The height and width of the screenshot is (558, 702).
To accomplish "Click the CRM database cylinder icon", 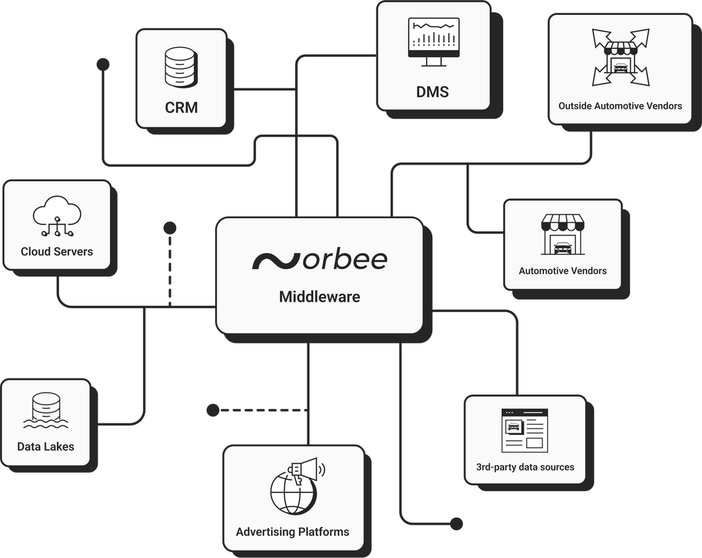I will coord(181,67).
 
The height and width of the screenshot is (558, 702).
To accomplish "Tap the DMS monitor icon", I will coord(433,42).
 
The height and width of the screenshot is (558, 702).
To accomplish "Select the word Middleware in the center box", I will coord(319,297).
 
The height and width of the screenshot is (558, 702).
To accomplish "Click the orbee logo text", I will coord(319,259).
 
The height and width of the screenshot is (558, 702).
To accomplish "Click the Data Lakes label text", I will coord(45,447).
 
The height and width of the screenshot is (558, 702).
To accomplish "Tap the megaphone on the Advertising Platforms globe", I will coord(305,470).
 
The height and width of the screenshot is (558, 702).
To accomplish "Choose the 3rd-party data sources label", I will coord(525,467).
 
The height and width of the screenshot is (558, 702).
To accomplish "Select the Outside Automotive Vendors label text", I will coord(620,105).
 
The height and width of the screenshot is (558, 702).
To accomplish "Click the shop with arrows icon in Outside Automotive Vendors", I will coord(620,57).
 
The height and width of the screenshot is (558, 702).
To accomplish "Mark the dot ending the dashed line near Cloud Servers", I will coord(170,228).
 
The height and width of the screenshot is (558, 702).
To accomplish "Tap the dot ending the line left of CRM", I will coord(103,64).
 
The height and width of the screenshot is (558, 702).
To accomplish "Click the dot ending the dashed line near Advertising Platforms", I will coord(213,410).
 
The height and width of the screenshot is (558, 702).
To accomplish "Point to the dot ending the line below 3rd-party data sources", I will coord(457,524).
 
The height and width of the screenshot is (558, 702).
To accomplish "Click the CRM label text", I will coord(181,107).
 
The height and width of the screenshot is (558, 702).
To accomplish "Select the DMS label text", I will coord(433,92).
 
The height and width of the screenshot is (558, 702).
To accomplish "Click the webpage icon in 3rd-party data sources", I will coord(525,430).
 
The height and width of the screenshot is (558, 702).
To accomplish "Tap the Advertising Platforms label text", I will coord(292,532).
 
